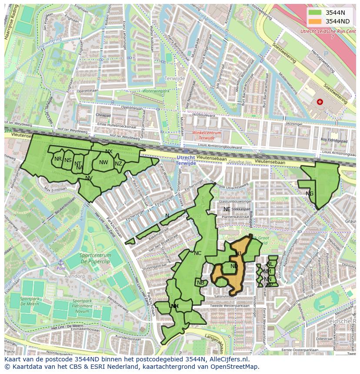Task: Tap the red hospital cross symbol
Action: coord(320,102)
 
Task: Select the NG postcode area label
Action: coord(310,194)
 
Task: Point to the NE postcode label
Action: coord(227,209)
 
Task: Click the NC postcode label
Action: coord(198,253)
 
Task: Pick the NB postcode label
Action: coord(200,283)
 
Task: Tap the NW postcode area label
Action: coord(103,162)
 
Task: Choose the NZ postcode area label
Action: coord(118,164)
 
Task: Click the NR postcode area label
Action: coord(58,159)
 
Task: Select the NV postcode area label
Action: coord(89,178)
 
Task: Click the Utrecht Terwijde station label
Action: coord(186,159)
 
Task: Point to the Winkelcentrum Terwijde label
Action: coord(207,136)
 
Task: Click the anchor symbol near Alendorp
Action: coord(61,263)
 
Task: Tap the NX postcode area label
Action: coord(109,152)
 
